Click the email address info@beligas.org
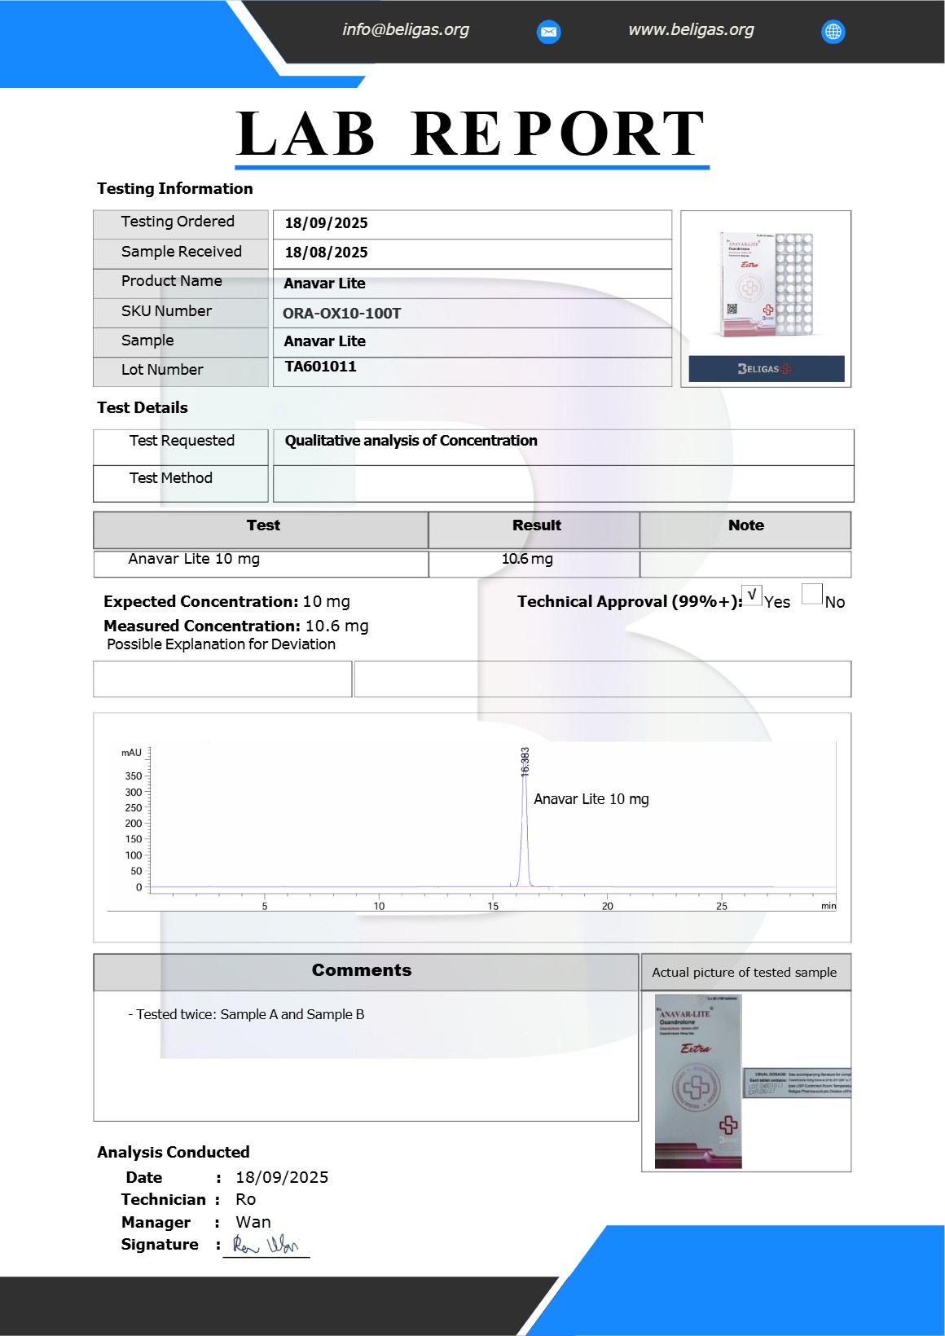tap(405, 30)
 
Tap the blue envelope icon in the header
tap(549, 32)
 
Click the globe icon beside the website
tap(833, 32)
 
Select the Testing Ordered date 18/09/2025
tap(326, 223)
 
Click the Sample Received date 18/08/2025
tap(326, 253)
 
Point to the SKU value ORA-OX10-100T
tap(342, 314)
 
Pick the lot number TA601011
tap(320, 367)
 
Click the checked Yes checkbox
tap(751, 595)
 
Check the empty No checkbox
tap(811, 595)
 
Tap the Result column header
tap(536, 526)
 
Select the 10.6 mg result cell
tap(527, 560)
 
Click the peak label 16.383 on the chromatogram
tap(525, 761)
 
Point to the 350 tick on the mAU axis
tap(134, 776)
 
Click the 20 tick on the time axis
tap(608, 906)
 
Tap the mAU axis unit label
tap(131, 753)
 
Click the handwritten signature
tap(266, 1245)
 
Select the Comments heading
tap(362, 970)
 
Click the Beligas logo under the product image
tap(766, 369)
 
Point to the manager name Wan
tap(253, 1222)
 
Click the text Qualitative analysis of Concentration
tap(411, 441)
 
